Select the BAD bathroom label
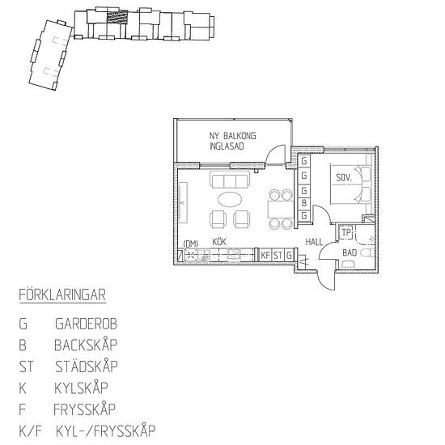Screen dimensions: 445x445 [x=350, y=252]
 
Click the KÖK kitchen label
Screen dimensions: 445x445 [x=218, y=242]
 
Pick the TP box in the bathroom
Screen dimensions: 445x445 [x=346, y=233]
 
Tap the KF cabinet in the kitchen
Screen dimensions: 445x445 [x=265, y=255]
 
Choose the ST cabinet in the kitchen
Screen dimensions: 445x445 [x=277, y=255]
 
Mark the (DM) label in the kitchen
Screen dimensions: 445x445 [x=191, y=243]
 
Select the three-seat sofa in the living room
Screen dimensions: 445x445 [x=229, y=180]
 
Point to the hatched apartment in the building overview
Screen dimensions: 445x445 [x=118, y=15]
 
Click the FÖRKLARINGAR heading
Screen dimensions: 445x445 [x=62, y=295]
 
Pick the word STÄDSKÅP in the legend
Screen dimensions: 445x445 [x=86, y=367]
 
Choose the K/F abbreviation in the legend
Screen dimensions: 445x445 [x=28, y=430]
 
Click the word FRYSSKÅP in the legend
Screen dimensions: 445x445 [x=86, y=409]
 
